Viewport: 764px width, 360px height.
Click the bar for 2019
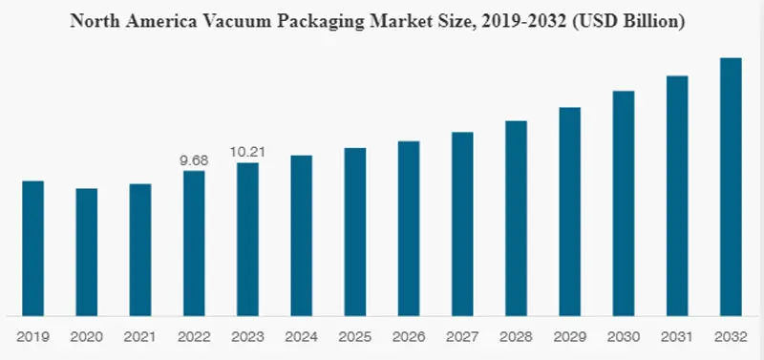point(32,247)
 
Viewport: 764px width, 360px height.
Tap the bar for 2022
point(194,243)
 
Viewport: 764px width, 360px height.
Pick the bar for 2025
point(355,231)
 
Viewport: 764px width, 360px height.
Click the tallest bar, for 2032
point(731,186)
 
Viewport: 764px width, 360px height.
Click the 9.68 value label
point(194,161)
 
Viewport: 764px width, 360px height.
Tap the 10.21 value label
point(247,152)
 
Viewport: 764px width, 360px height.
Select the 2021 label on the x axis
point(140,336)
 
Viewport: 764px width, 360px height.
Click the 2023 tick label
point(247,336)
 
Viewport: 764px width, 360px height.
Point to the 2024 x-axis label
point(301,336)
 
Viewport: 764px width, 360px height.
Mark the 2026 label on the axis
point(409,336)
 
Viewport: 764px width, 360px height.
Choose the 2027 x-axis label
point(462,336)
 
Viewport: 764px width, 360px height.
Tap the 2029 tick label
point(570,336)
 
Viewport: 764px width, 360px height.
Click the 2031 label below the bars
point(677,336)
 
